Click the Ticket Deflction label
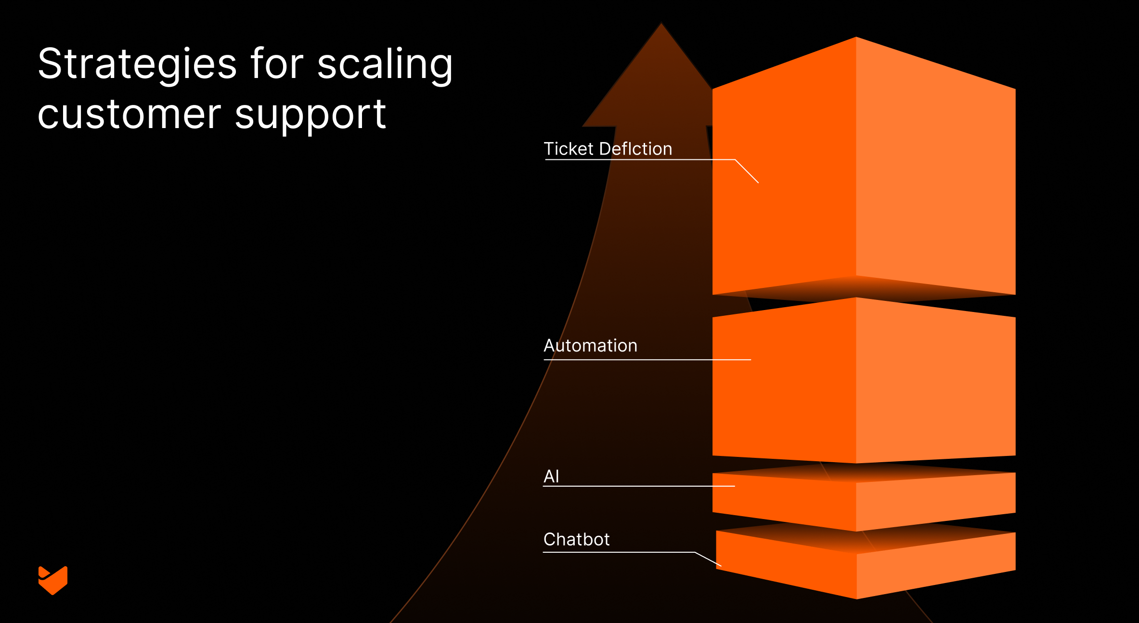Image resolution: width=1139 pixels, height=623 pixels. [608, 149]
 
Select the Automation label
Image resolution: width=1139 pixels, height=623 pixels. [590, 346]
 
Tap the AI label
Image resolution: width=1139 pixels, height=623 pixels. [551, 476]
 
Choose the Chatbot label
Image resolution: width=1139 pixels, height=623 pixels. [576, 539]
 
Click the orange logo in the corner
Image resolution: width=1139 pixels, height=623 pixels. [53, 580]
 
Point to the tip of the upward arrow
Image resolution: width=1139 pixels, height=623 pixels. [661, 24]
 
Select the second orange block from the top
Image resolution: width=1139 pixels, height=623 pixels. [864, 380]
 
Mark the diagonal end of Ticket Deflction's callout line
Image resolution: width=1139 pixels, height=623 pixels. [758, 182]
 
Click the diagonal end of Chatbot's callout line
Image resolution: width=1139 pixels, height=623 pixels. [721, 566]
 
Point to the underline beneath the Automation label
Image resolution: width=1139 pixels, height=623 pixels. [647, 360]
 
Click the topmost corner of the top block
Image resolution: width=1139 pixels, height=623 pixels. [856, 38]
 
